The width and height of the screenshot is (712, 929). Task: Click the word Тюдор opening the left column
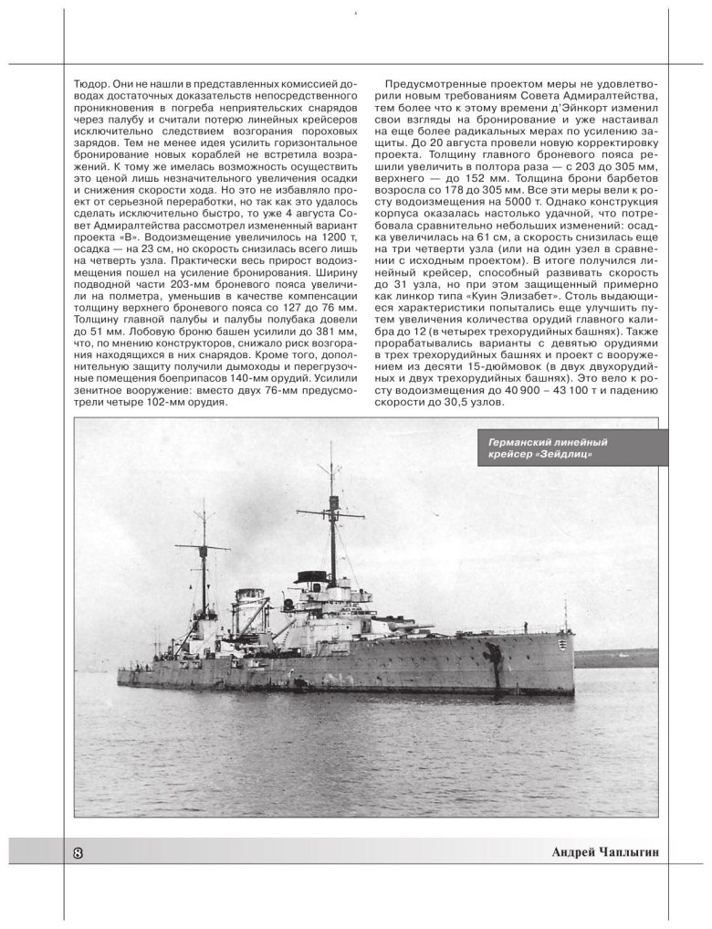click(89, 82)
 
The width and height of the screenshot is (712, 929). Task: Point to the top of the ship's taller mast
click(330, 445)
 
